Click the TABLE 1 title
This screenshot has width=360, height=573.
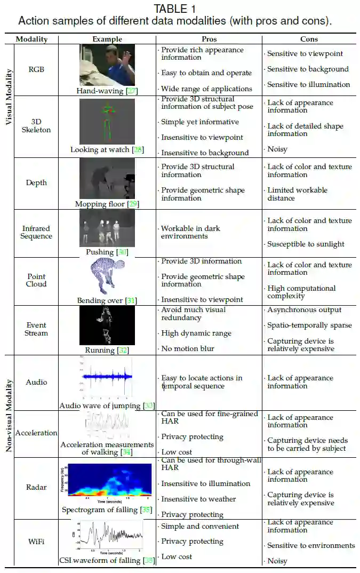(x=174, y=9)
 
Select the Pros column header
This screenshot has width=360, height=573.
(x=209, y=39)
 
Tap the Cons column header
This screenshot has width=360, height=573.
(x=309, y=39)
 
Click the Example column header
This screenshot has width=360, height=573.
(x=107, y=39)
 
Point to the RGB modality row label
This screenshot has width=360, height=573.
(x=36, y=69)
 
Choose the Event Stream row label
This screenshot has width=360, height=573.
(x=36, y=329)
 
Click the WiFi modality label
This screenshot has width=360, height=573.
(x=36, y=542)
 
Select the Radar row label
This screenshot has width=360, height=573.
(x=36, y=487)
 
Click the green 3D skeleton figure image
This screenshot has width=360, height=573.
(x=107, y=122)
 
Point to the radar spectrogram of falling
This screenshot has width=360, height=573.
(x=107, y=483)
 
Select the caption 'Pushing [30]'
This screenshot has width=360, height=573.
(x=107, y=252)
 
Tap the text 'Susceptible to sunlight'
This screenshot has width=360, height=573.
(x=306, y=244)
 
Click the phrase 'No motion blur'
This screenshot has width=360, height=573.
(x=188, y=348)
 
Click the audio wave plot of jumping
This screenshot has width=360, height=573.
(x=107, y=379)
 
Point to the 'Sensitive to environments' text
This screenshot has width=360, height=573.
(x=311, y=545)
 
